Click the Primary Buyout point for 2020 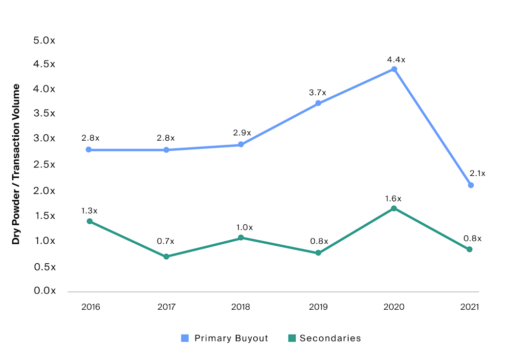tap(394, 69)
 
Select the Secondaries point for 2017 tap(166, 256)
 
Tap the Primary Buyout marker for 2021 tap(471, 185)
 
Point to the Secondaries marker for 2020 tap(394, 209)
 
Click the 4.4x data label tap(396, 60)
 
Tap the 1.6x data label tap(393, 198)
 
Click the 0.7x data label tap(166, 241)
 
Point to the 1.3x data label tap(89, 211)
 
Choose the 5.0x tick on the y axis tap(44, 41)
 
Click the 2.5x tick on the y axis tap(44, 164)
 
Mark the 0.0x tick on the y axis tap(44, 291)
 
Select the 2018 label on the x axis tap(241, 307)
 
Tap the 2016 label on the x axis tap(91, 307)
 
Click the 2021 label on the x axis tap(470, 307)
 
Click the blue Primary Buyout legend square tap(185, 338)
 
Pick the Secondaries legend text tap(330, 338)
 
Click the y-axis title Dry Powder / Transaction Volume tap(16, 164)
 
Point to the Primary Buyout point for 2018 tap(241, 145)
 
